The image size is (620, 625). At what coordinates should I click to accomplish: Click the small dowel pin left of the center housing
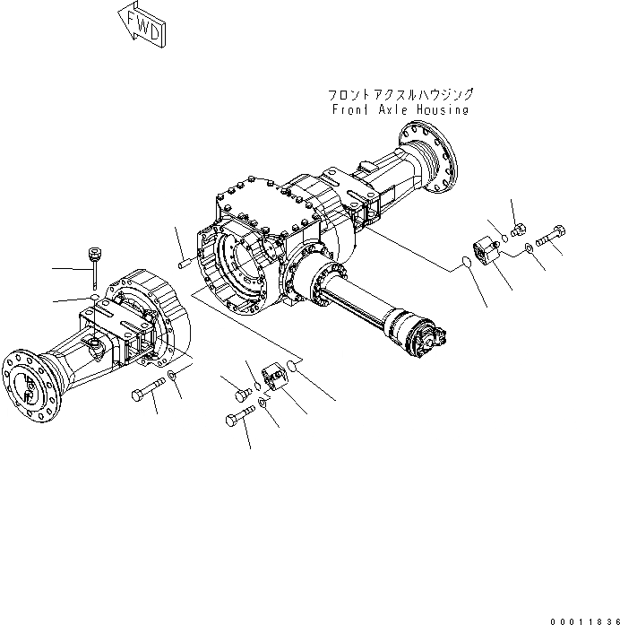click(x=183, y=263)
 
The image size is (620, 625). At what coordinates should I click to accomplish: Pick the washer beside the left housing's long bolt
click(x=171, y=374)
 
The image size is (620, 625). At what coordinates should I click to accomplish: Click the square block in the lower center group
click(x=274, y=377)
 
